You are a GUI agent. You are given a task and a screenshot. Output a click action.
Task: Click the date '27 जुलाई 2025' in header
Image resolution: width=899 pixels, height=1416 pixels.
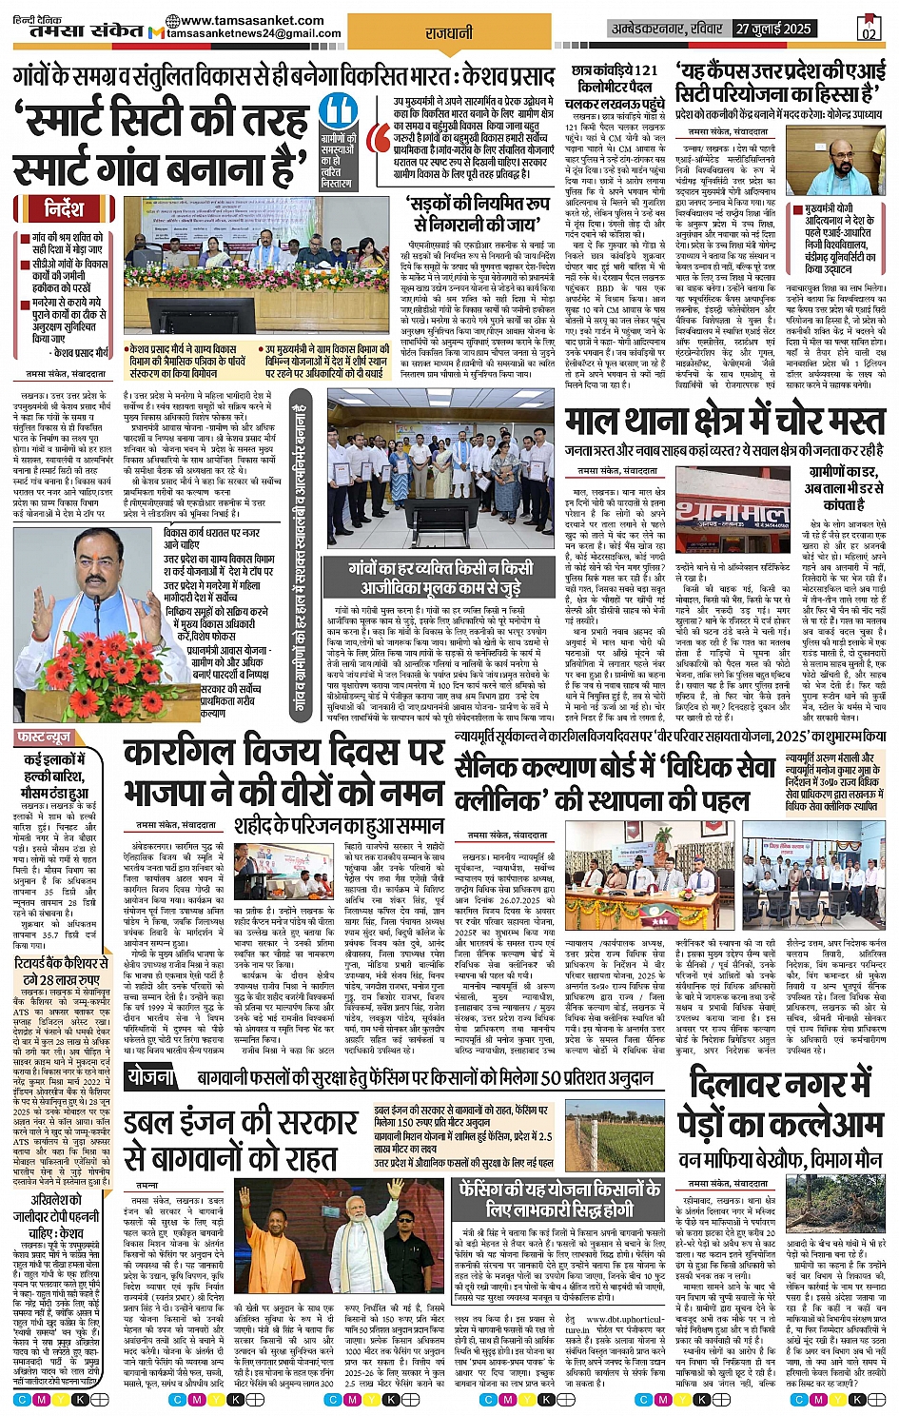tap(772, 29)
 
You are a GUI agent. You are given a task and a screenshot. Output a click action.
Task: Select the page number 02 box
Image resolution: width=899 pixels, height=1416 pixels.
tap(868, 29)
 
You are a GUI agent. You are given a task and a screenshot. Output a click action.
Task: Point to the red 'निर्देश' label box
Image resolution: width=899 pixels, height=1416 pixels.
tap(64, 208)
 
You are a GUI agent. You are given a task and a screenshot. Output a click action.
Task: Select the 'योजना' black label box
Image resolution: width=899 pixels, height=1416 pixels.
tap(151, 1077)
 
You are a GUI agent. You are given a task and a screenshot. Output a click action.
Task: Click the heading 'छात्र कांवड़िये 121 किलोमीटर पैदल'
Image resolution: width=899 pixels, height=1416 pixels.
tap(615, 78)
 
